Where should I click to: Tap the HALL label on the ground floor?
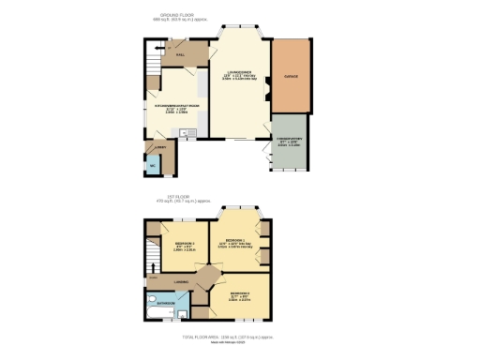[x=179, y=55]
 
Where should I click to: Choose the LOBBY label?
[x=161, y=146]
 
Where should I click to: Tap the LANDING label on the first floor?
[x=183, y=281]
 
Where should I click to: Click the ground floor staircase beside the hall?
[x=154, y=61]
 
